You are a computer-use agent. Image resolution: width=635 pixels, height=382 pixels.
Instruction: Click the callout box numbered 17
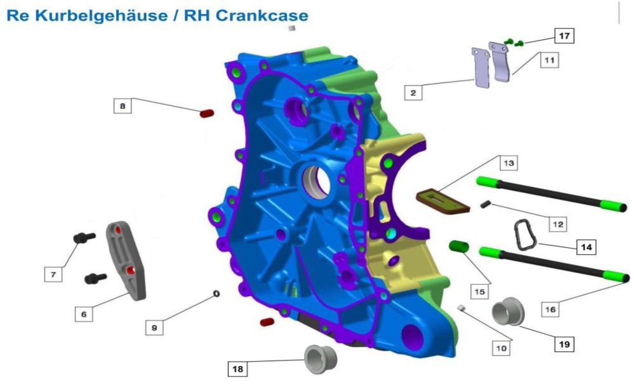tap(564, 36)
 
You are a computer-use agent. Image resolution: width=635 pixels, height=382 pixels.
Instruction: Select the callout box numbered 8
tap(123, 106)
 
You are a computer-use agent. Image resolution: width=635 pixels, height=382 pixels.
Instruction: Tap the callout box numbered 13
tap(508, 163)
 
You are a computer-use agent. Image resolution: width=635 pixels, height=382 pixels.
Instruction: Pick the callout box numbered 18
tap(237, 369)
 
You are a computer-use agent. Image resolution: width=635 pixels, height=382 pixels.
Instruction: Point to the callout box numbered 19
tap(564, 344)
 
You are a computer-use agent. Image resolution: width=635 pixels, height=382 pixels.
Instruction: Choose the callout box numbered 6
tap(84, 314)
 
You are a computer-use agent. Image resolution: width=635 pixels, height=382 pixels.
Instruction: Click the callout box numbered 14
tap(586, 247)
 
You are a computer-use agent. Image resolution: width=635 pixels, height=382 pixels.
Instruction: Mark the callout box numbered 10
tap(501, 348)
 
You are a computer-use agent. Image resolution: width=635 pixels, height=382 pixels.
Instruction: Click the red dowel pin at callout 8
tap(206, 113)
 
